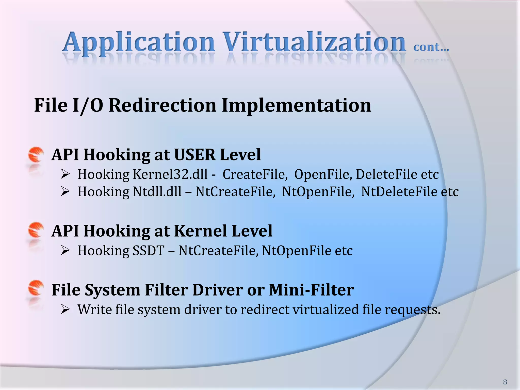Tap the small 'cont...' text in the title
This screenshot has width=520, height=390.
431,47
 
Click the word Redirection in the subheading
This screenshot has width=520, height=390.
162,105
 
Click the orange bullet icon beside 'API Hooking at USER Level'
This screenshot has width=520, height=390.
36,155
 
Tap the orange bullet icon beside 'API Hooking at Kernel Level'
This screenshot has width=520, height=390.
36,230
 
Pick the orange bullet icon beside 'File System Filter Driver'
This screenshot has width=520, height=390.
36,288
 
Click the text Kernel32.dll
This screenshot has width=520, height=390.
170,174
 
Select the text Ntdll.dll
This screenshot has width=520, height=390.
157,192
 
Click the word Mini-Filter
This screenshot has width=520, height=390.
311,290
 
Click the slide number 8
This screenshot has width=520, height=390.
505,382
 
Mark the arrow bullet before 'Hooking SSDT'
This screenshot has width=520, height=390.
65,251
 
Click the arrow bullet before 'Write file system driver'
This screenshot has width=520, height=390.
65,310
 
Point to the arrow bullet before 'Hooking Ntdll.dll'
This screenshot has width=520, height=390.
65,191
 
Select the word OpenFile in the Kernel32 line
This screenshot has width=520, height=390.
323,174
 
